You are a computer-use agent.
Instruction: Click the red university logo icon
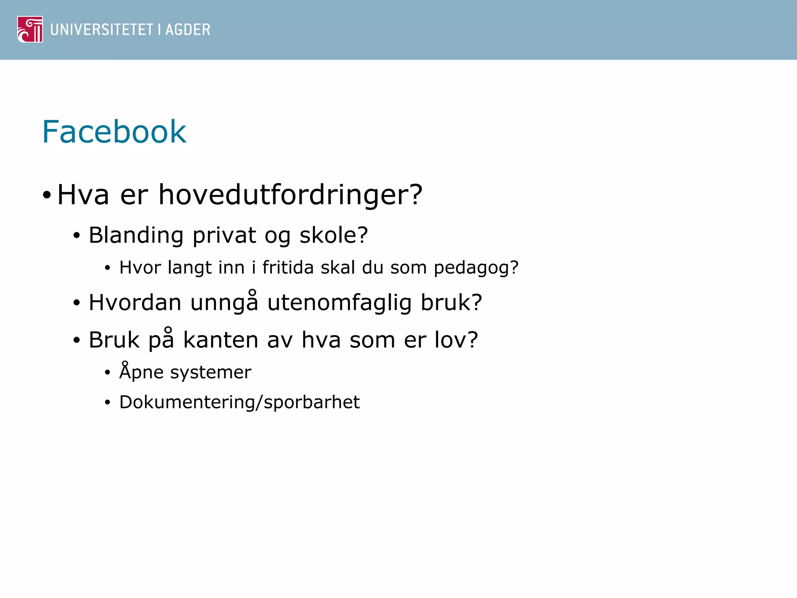(30, 29)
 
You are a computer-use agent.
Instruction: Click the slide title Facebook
(114, 132)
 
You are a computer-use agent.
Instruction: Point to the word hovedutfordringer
(290, 195)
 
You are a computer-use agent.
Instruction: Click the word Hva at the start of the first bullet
(83, 195)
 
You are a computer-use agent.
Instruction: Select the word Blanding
(136, 236)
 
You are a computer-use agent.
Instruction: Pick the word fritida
(288, 267)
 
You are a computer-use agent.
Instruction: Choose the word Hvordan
(135, 303)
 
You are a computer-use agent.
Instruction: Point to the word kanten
(221, 340)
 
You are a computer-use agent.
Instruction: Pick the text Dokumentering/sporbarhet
(239, 402)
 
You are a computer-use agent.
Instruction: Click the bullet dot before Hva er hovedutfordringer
(47, 195)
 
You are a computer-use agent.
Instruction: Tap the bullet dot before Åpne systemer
(108, 373)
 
